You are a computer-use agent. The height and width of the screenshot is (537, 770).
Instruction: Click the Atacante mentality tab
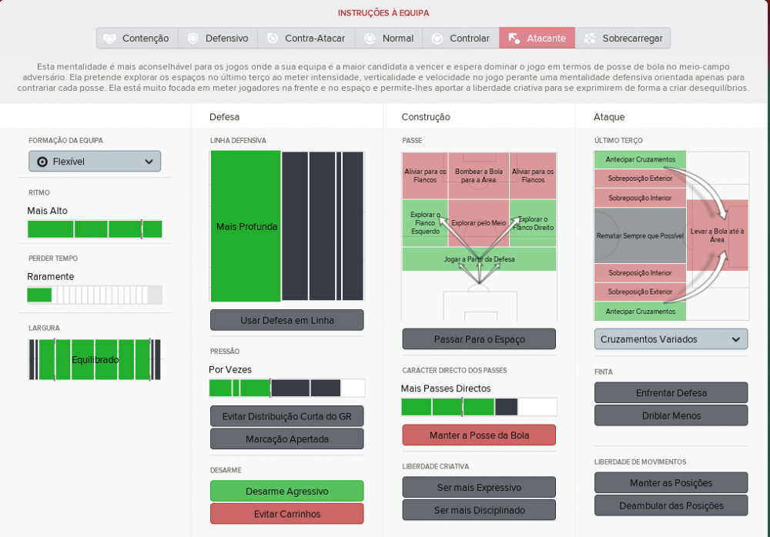click(537, 38)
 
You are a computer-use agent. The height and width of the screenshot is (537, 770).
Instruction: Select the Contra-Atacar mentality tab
click(306, 38)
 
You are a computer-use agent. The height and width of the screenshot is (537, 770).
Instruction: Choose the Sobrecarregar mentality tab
click(623, 38)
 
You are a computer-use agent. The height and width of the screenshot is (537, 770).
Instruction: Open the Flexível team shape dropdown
click(95, 162)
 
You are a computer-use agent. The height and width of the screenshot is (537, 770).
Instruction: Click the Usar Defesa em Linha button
click(286, 320)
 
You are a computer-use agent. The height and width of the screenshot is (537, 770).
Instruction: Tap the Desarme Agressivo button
click(286, 491)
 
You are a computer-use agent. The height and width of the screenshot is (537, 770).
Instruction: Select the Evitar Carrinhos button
click(286, 513)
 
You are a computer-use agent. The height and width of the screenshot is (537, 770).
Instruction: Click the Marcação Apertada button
click(286, 439)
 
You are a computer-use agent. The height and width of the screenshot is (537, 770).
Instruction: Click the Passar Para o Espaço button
click(479, 339)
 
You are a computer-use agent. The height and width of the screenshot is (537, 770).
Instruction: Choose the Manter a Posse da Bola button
click(479, 435)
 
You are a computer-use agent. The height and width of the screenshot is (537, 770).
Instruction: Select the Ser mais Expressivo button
click(479, 487)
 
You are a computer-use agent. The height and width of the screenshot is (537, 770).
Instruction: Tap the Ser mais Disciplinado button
click(479, 510)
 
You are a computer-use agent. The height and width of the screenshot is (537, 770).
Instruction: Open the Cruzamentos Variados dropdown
click(671, 339)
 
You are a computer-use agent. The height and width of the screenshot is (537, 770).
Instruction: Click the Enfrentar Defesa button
click(671, 392)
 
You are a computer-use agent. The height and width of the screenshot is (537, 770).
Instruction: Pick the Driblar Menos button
click(671, 415)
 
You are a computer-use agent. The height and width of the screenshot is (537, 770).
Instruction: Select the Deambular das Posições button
click(671, 505)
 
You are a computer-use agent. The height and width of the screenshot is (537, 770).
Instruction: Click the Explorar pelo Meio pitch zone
click(479, 223)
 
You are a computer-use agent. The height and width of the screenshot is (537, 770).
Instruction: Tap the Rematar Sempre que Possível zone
click(640, 235)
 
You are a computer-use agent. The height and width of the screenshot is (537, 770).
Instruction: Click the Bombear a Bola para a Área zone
click(479, 175)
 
